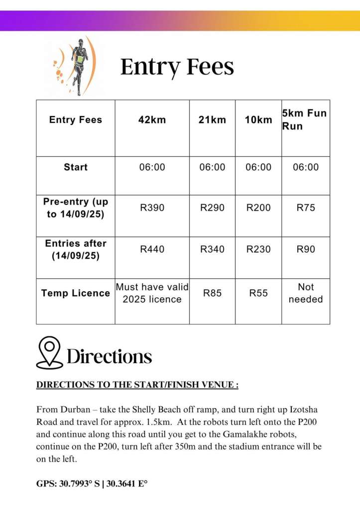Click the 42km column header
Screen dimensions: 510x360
pos(152,120)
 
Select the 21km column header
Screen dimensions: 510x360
pos(212,120)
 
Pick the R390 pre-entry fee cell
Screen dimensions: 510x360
pos(152,208)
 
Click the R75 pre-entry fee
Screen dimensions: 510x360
pos(306,208)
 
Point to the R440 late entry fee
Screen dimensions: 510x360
pos(152,249)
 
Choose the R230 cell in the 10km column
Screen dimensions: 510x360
pos(258,249)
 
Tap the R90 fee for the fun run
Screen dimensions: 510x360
pos(306,249)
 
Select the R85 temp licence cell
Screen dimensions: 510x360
pos(212,293)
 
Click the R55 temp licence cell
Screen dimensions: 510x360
pos(258,293)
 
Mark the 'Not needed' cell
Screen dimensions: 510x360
pos(306,293)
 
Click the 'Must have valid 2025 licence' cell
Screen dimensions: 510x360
pos(152,293)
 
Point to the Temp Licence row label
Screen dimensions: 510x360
pos(76,293)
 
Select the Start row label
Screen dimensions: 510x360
pos(76,167)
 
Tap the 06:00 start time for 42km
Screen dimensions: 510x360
pos(152,167)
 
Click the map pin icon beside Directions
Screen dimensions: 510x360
pos(49,353)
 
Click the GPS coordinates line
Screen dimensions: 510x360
pos(93,484)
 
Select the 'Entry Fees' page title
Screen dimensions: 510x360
pos(177,66)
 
